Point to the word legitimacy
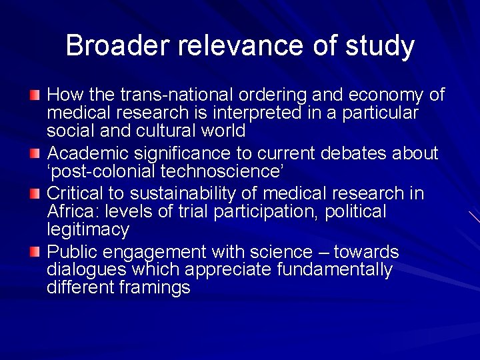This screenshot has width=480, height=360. click(x=87, y=230)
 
